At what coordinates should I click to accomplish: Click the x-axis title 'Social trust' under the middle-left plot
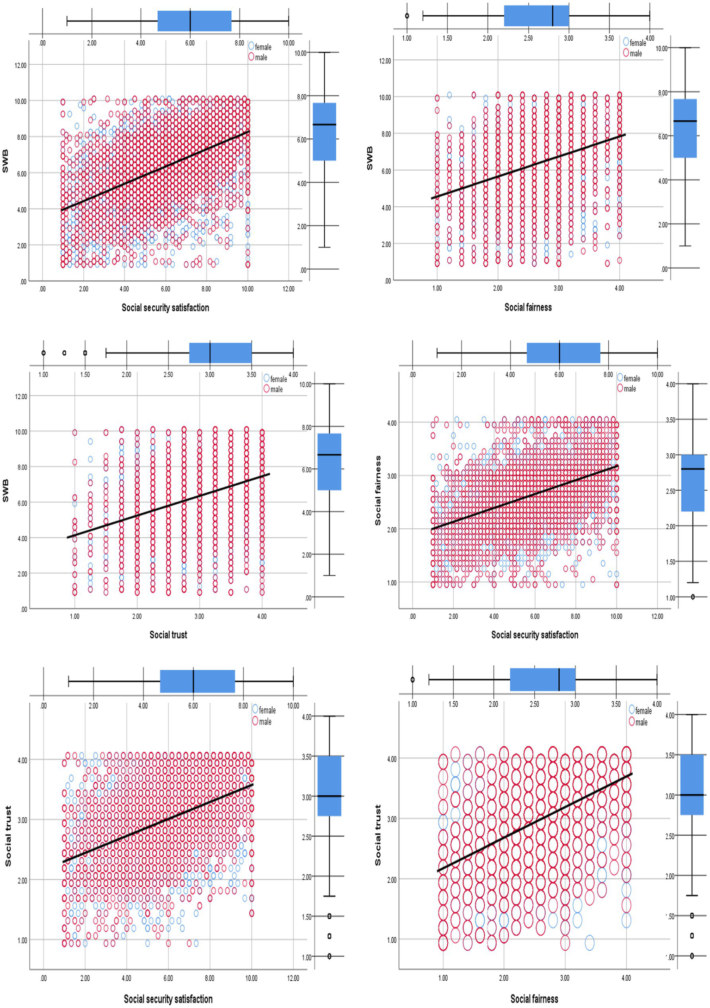168,635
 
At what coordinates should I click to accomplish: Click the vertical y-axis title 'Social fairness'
378,490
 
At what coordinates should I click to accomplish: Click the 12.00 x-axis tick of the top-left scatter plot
288,289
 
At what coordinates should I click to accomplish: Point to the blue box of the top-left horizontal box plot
194,21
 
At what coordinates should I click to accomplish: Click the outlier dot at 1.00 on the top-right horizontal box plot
407,16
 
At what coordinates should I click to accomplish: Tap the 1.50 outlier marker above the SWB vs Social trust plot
85,353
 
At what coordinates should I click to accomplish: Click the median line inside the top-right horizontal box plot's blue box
553,16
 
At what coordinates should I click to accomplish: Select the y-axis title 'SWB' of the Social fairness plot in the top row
370,158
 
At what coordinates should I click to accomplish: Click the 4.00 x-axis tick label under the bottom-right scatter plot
626,978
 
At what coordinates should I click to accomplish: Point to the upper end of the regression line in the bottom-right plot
631,774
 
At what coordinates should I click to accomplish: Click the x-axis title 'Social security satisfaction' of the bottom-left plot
168,999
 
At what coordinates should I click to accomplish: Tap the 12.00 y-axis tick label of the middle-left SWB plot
21,396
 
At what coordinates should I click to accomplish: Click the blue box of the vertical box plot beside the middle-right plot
692,483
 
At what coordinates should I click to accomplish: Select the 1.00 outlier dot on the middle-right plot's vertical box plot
692,597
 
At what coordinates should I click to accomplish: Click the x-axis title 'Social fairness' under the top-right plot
528,307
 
